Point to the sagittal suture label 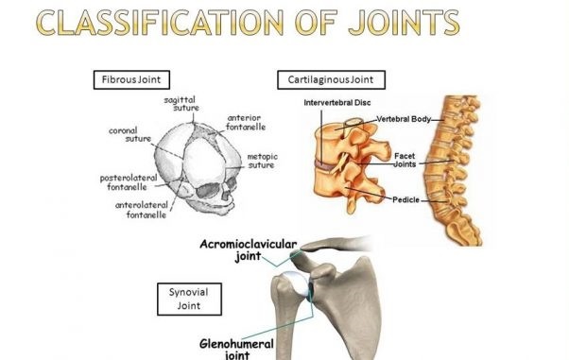point(180,104)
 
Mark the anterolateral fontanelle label point(147,209)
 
